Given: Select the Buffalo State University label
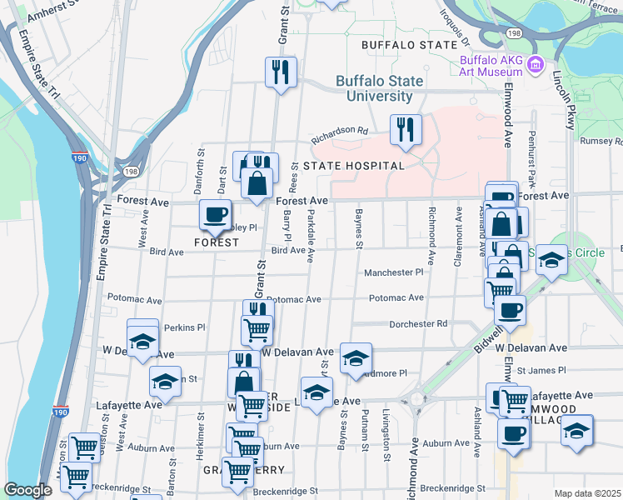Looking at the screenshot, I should point(379,88).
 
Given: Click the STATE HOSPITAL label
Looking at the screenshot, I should point(353,166).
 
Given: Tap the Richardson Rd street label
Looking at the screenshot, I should point(340,131).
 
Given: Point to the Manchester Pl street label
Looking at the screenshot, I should point(394,272).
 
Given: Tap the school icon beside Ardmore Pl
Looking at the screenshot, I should point(356,359).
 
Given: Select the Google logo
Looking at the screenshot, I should point(27,490).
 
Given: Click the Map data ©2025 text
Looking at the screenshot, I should point(586,493).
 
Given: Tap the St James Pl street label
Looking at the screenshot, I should point(541,370).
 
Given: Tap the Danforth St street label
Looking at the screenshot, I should point(199,172).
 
